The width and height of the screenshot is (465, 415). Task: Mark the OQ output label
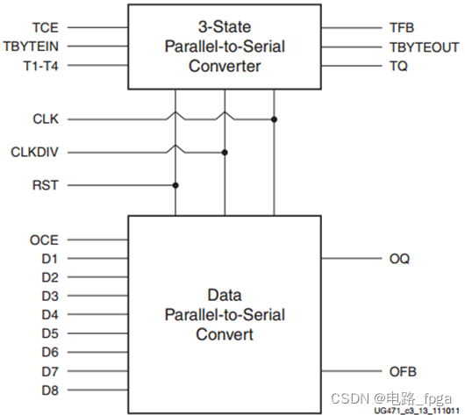pyautogui.click(x=398, y=259)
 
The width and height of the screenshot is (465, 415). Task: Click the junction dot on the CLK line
pyautogui.click(x=275, y=119)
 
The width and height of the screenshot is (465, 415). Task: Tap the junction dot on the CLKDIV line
pyautogui.click(x=225, y=153)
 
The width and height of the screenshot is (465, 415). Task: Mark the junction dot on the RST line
pyautogui.click(x=176, y=185)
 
